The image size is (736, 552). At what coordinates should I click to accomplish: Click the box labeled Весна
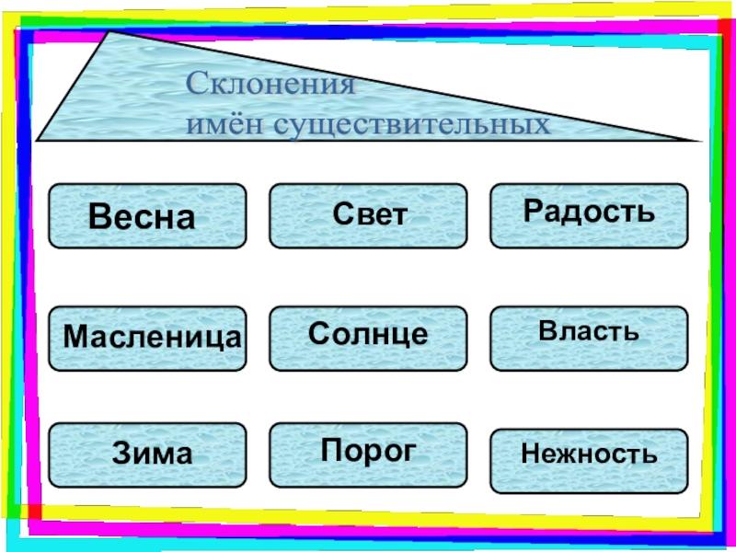[147, 216]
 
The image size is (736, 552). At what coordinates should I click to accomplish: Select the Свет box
[368, 216]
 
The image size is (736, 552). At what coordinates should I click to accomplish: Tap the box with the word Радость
[589, 215]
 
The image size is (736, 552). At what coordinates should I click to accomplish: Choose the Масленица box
[147, 339]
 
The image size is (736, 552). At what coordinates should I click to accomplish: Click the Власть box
[589, 339]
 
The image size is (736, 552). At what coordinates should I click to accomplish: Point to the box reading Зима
[147, 454]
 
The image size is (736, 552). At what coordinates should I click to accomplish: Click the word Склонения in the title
[270, 86]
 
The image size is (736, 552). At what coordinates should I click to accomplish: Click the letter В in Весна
[98, 218]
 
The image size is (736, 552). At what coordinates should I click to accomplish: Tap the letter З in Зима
[120, 454]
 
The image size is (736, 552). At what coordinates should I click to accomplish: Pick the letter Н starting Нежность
[528, 454]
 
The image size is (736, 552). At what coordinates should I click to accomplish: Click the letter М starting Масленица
[73, 337]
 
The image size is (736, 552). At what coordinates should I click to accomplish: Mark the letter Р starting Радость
[532, 211]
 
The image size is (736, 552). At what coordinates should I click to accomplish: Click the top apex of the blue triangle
[109, 32]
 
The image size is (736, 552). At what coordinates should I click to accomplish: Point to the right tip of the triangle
[700, 140]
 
